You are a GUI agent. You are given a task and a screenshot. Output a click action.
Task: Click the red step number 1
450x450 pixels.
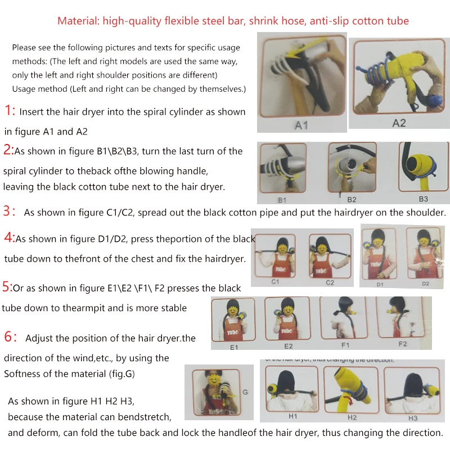10,111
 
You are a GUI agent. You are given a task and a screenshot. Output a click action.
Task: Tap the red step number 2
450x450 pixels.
8,150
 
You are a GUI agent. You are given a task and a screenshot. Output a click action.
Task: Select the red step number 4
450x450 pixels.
9,238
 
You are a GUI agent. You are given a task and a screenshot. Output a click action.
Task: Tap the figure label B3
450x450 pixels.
423,199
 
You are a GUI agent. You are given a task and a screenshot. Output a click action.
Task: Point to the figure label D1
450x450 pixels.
380,284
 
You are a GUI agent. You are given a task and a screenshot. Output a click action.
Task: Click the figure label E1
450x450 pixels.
233,347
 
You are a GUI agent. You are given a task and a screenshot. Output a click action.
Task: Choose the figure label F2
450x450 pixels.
402,344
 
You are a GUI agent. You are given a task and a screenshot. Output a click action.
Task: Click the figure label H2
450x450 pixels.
352,417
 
